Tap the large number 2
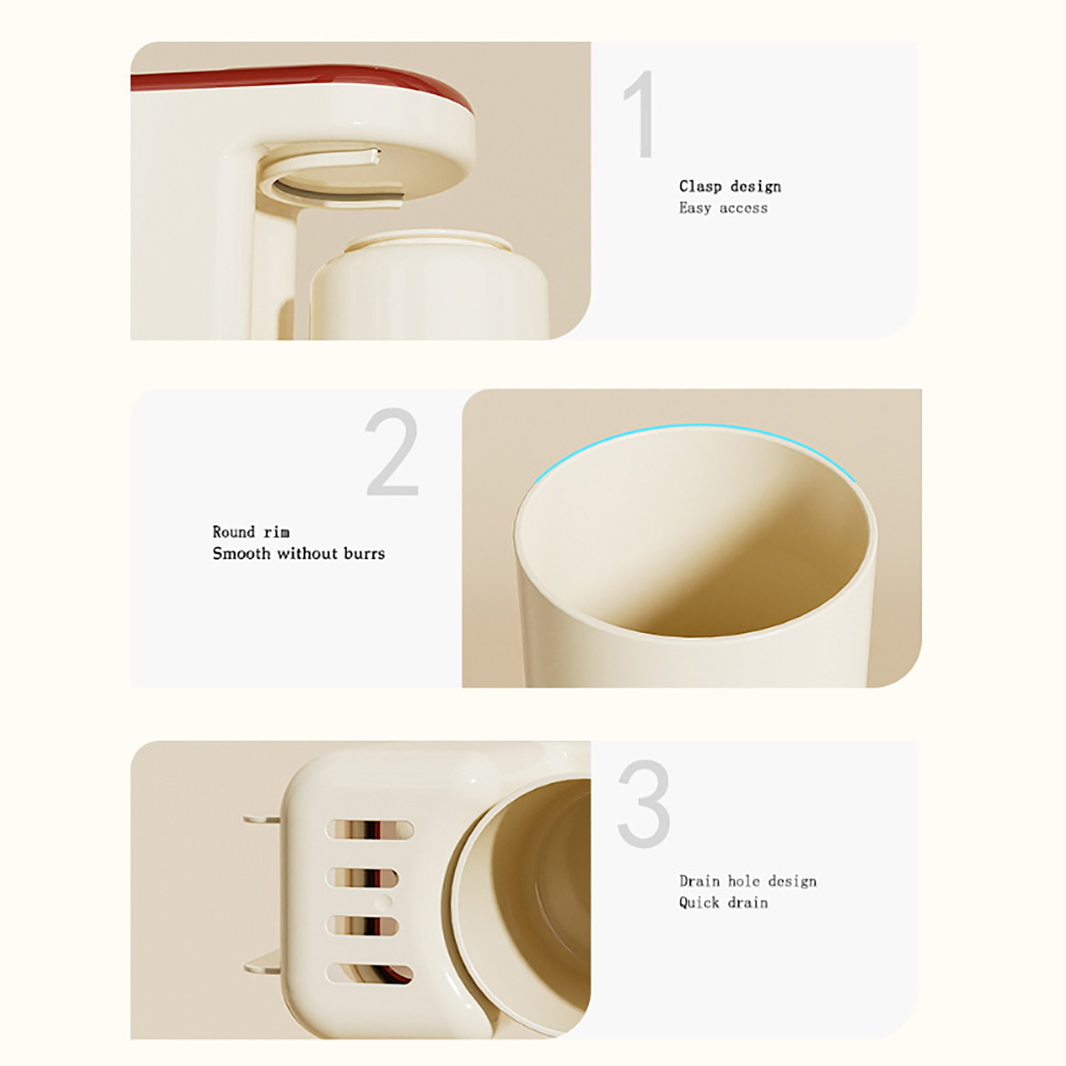click(392, 452)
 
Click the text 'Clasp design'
click(730, 187)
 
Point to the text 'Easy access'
click(724, 208)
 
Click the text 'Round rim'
click(251, 532)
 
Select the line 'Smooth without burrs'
click(298, 553)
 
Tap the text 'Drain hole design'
click(748, 881)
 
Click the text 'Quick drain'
click(724, 903)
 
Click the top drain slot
click(370, 830)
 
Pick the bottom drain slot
click(370, 974)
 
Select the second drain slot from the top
click(362, 877)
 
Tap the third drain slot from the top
click(362, 926)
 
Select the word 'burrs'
click(364, 553)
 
